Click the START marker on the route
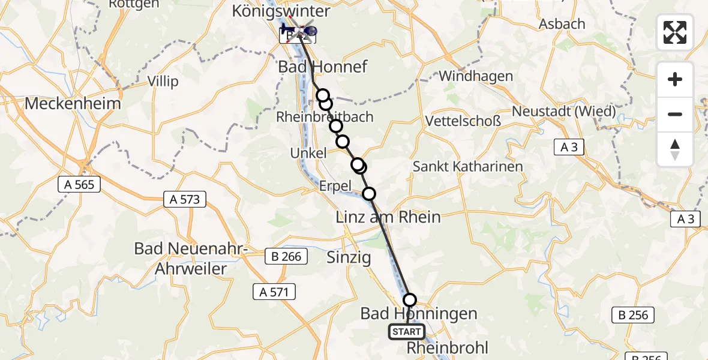(407, 332)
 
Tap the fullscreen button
(675, 32)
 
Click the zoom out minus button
(675, 114)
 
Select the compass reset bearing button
(675, 149)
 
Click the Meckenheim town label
(73, 104)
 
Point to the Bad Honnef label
(322, 66)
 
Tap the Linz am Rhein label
(389, 217)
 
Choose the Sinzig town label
(349, 258)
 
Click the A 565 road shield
(79, 185)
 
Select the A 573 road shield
(185, 199)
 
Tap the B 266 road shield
(287, 257)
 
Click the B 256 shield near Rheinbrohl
(632, 314)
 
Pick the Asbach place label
(545, 25)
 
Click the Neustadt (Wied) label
(563, 111)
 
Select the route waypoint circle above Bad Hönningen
(410, 299)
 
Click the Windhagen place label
(476, 76)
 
